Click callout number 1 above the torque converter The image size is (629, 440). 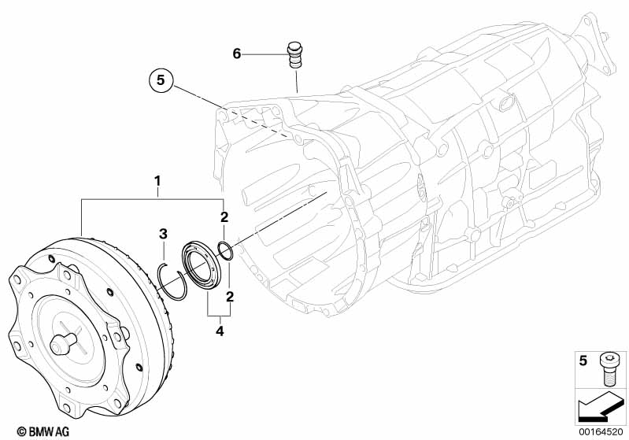click(157, 182)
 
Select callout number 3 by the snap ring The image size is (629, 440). click(163, 234)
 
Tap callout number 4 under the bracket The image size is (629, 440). click(220, 331)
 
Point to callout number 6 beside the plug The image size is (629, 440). click(236, 54)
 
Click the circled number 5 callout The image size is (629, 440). click(161, 79)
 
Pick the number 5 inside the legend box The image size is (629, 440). click(583, 361)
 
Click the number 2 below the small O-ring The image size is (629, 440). click(229, 297)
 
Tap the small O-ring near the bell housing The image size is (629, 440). click(224, 250)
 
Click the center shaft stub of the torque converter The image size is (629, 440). click(62, 345)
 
